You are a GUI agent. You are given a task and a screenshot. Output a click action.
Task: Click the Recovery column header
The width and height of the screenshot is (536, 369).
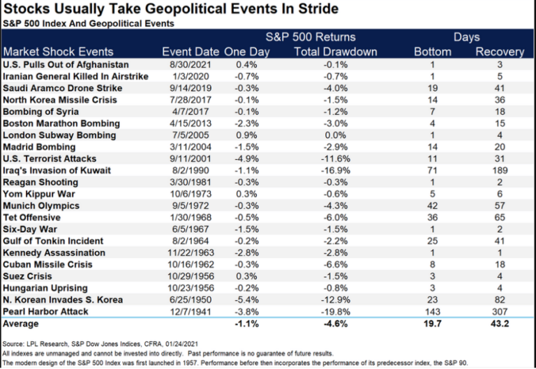(x=500, y=52)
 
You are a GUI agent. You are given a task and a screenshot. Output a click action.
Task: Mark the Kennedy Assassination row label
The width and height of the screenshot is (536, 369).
(x=54, y=253)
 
